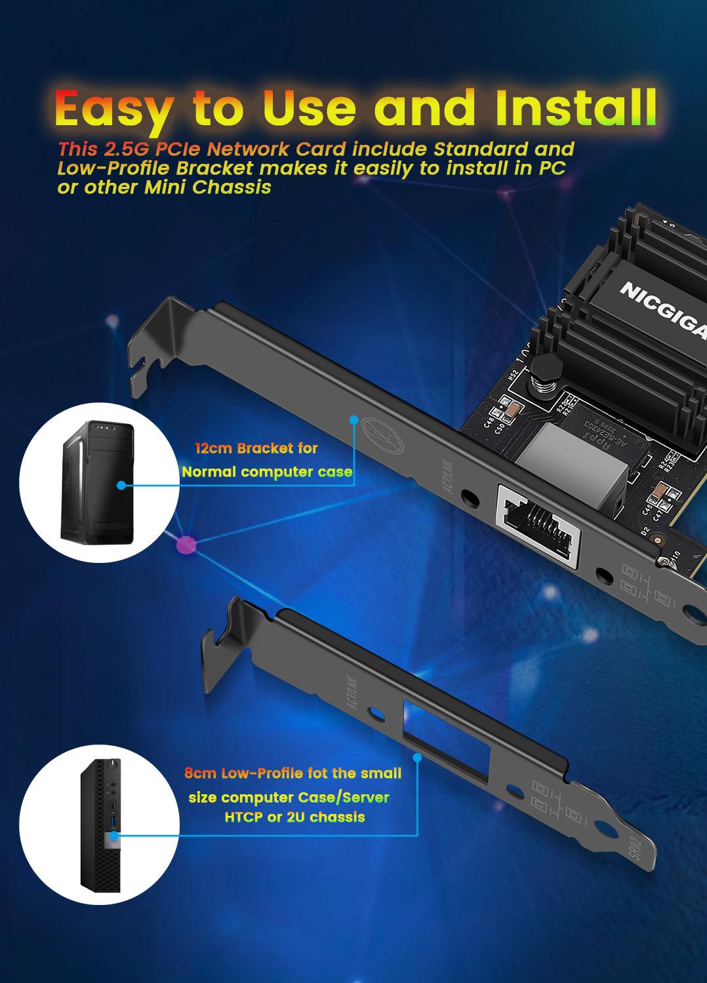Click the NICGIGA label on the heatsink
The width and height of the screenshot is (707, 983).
pos(662,309)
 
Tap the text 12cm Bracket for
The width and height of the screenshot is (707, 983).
pos(256,449)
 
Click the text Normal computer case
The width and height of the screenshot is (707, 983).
pos(267,472)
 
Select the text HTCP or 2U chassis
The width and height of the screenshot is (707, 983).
pos(294,817)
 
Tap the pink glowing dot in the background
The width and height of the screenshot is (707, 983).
pos(186,543)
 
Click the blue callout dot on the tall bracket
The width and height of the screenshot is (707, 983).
pos(353,419)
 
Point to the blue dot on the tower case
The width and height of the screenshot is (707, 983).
pos(121,486)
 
